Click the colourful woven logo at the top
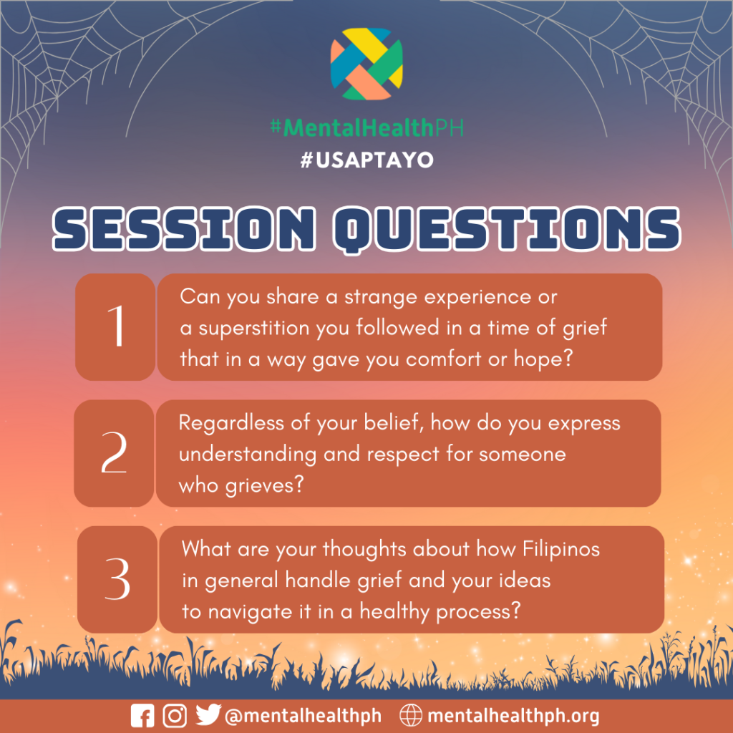(366, 64)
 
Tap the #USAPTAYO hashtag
(367, 160)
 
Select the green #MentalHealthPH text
(367, 127)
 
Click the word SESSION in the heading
(184, 229)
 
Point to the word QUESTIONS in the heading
(508, 230)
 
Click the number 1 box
(115, 326)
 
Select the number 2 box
(114, 453)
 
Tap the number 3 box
(117, 579)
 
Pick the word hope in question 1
(543, 359)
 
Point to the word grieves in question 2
(265, 486)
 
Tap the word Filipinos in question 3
(561, 549)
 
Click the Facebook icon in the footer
(142, 716)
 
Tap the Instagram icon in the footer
(175, 716)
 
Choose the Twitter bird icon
(208, 715)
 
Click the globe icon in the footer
(411, 715)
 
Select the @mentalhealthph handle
(303, 716)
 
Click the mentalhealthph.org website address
(513, 716)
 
